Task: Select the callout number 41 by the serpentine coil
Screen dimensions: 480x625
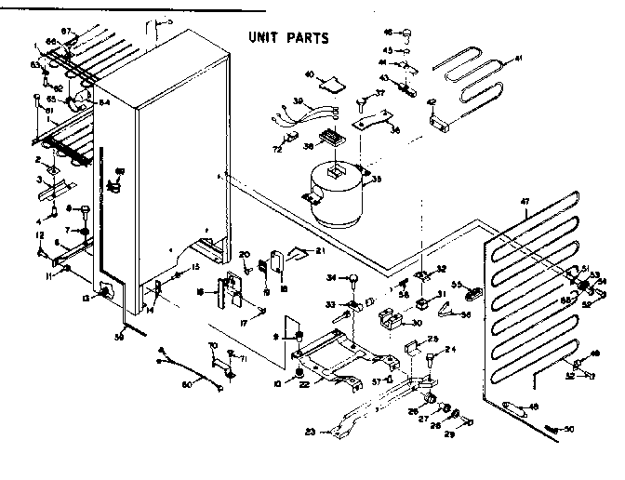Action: pyautogui.click(x=519, y=59)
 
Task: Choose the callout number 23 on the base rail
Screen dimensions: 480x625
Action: pyautogui.click(x=309, y=431)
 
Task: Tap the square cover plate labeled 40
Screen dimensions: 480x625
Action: pyautogui.click(x=327, y=87)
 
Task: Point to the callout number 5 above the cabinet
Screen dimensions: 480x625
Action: pyautogui.click(x=169, y=20)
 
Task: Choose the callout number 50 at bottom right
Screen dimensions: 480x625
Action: pyautogui.click(x=569, y=429)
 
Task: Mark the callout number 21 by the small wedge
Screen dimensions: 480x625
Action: pyautogui.click(x=319, y=251)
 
